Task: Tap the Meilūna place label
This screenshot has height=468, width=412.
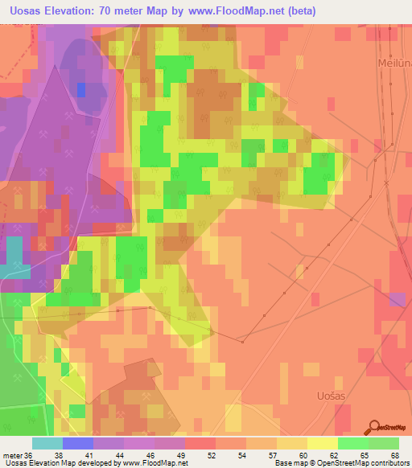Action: [393, 62]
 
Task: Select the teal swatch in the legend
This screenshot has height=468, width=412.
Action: [47, 443]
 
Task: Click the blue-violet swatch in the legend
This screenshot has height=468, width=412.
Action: [77, 443]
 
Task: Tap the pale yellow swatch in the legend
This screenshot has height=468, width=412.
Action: [322, 443]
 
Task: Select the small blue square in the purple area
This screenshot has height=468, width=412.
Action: [80, 89]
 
